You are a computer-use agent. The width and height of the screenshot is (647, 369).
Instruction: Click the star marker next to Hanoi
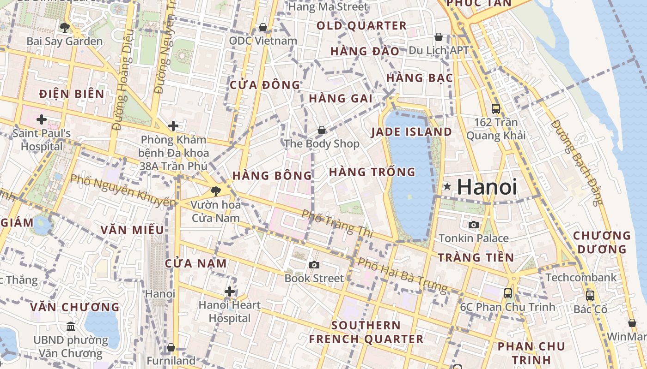click(447, 187)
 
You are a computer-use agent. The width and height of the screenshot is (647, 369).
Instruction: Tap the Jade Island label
click(411, 132)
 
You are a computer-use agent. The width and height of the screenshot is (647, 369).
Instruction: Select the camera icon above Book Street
click(314, 265)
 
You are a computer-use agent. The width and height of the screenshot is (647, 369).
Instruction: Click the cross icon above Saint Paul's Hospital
click(42, 119)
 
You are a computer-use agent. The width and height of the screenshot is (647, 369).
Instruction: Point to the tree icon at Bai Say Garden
click(65, 27)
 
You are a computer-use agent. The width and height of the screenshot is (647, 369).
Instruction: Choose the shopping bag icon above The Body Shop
click(321, 130)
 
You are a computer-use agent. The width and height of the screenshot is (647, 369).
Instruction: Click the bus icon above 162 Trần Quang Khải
click(496, 109)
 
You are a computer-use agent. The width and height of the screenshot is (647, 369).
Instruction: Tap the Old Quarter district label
click(361, 26)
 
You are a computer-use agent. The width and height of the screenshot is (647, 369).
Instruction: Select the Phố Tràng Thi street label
click(337, 224)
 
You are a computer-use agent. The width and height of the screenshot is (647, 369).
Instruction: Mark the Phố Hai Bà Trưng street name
click(403, 275)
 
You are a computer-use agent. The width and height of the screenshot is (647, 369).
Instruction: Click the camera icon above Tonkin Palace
click(474, 225)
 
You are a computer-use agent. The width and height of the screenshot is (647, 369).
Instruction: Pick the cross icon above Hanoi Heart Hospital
click(230, 292)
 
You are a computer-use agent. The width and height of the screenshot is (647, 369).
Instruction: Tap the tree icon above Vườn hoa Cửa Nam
click(215, 190)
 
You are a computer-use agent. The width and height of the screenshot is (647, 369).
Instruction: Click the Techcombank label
click(581, 278)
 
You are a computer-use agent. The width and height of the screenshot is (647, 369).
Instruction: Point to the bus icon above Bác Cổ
click(590, 295)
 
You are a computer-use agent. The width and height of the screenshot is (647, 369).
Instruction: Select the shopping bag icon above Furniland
click(171, 347)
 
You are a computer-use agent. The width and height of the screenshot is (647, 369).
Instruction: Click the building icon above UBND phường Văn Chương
click(70, 327)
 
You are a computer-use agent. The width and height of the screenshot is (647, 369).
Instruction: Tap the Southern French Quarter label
click(366, 332)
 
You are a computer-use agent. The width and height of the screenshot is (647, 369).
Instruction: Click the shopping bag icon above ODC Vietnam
click(263, 27)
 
